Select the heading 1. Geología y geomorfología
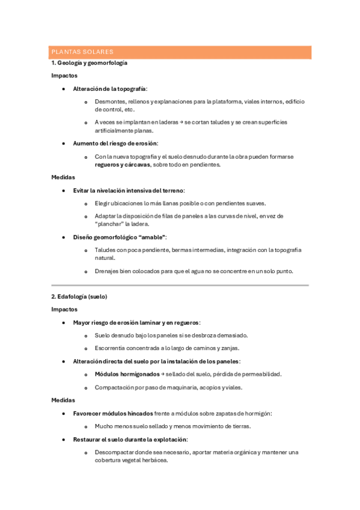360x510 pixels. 89,63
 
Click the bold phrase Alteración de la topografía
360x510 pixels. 109,88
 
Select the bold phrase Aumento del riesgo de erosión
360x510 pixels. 115,144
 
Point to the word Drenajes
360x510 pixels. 109,271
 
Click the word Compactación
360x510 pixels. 117,387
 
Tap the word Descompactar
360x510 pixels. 118,452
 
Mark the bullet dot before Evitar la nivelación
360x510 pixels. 64,190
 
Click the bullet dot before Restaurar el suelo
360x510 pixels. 64,440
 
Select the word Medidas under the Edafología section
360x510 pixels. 63,400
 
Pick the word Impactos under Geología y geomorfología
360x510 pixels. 64,76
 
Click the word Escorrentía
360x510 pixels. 114,348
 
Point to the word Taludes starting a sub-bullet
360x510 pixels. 106,250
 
